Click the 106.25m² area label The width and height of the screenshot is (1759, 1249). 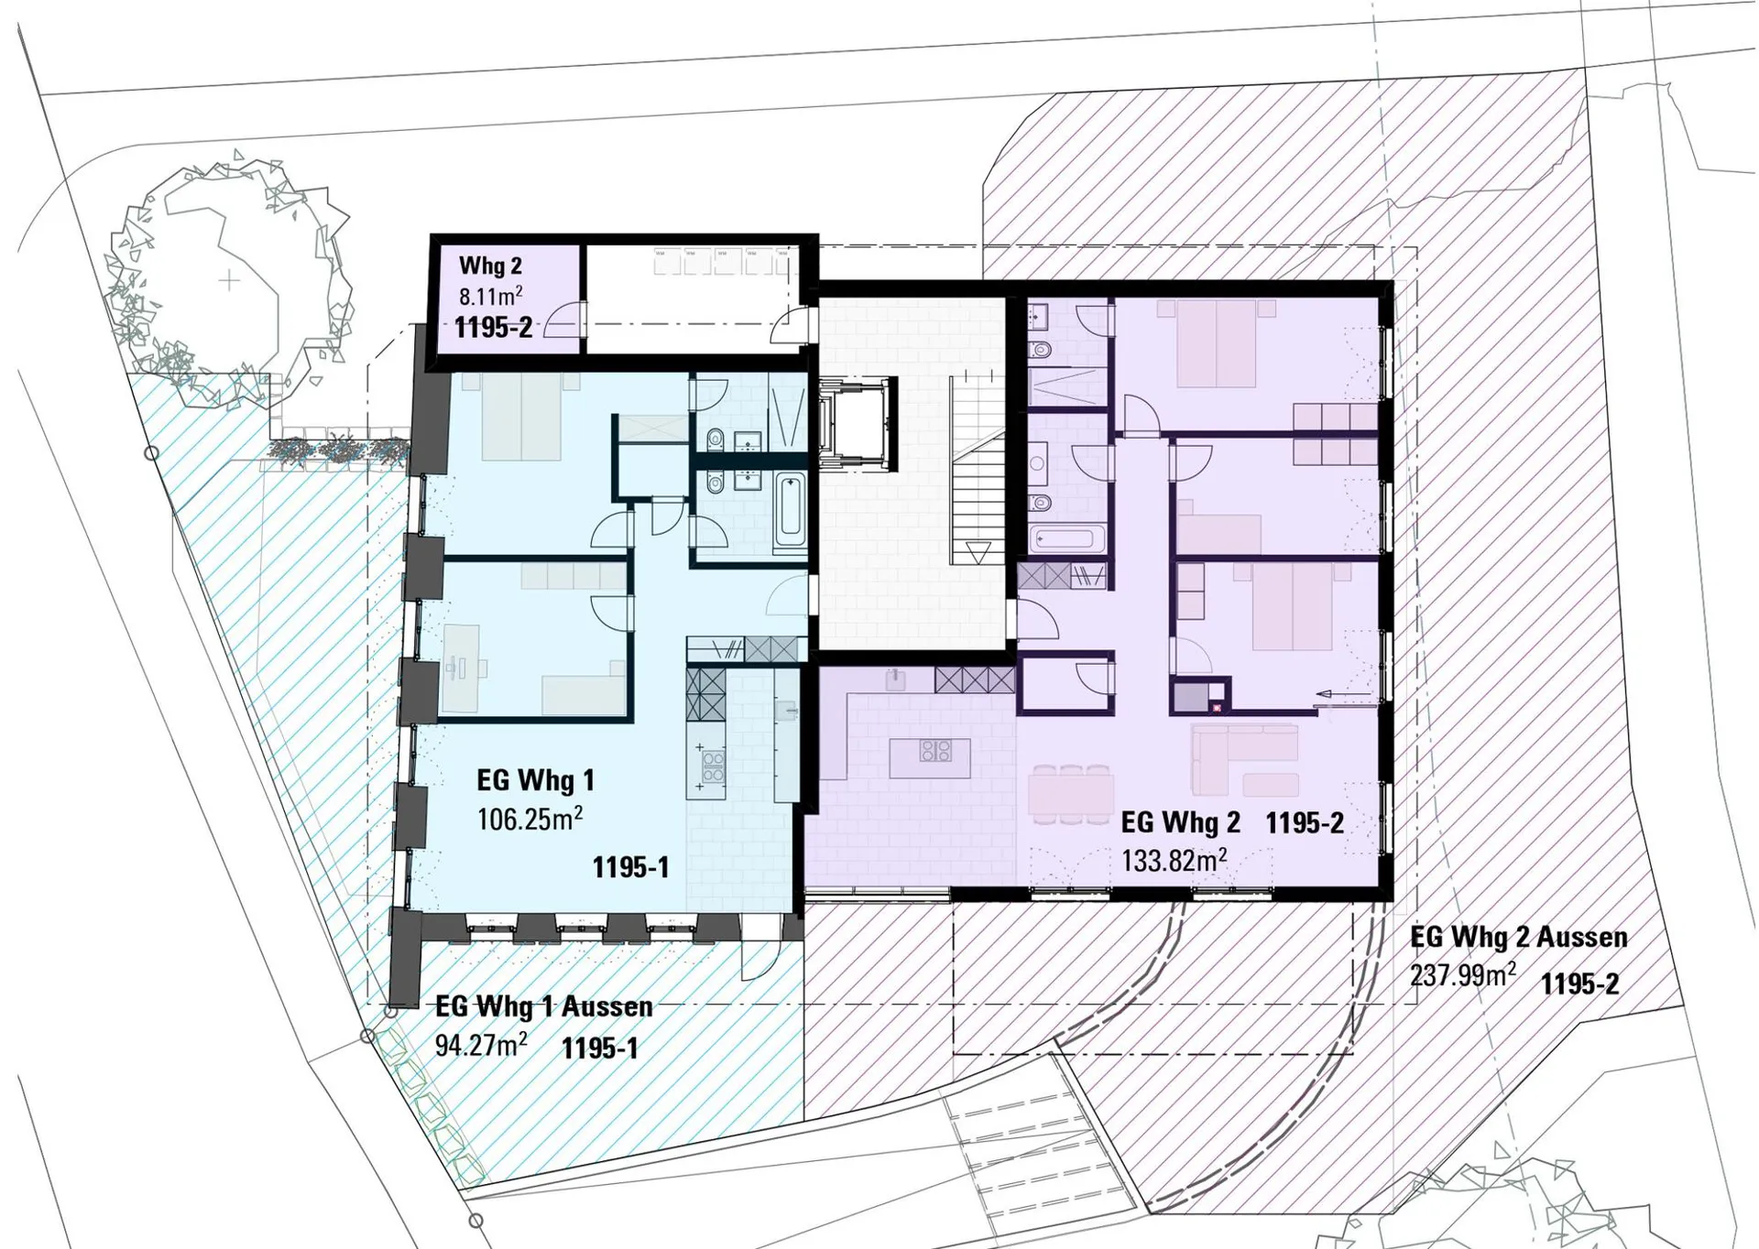530,818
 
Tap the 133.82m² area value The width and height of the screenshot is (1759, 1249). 1174,860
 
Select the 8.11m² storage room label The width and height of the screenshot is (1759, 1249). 491,296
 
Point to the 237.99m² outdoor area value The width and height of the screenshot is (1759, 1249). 1463,974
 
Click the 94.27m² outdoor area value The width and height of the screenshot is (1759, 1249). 481,1044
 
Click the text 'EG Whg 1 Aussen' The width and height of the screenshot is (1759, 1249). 544,1005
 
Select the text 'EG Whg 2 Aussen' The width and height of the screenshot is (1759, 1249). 1519,937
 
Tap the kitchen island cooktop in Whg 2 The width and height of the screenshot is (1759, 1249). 935,751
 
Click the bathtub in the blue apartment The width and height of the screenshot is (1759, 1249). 789,513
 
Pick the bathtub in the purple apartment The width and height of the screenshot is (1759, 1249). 1066,538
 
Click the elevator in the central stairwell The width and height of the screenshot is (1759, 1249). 857,426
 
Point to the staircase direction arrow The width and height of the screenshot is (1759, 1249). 978,553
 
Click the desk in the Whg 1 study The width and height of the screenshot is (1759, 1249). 461,668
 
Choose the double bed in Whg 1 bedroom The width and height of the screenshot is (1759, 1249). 520,418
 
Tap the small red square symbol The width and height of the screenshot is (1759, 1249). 1217,708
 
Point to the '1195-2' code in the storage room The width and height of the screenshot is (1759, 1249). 493,327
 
